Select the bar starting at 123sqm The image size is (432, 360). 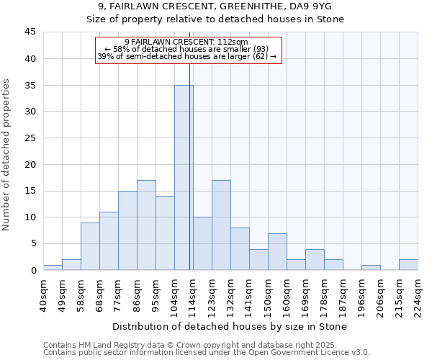(x=221, y=225)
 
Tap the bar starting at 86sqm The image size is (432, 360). (x=146, y=225)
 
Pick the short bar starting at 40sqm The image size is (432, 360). (x=53, y=267)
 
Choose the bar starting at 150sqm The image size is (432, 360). (x=277, y=252)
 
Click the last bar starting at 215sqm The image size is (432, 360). (x=408, y=264)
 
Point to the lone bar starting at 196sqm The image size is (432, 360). (x=371, y=267)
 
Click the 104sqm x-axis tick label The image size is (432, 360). (x=175, y=295)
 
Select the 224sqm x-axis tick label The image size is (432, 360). (x=418, y=295)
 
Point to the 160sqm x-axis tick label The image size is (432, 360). (x=287, y=295)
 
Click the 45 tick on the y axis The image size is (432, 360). (x=30, y=32)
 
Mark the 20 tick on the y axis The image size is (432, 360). (x=30, y=164)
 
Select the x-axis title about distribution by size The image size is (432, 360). (x=230, y=327)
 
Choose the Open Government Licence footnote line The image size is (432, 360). (x=207, y=353)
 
